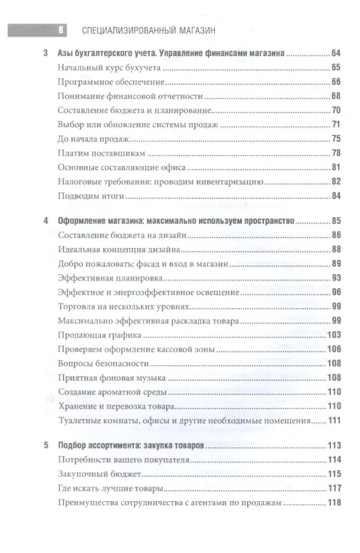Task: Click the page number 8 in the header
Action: (61, 30)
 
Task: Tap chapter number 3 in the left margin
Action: (46, 53)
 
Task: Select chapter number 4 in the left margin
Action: (46, 221)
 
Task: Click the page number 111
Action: (335, 421)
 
